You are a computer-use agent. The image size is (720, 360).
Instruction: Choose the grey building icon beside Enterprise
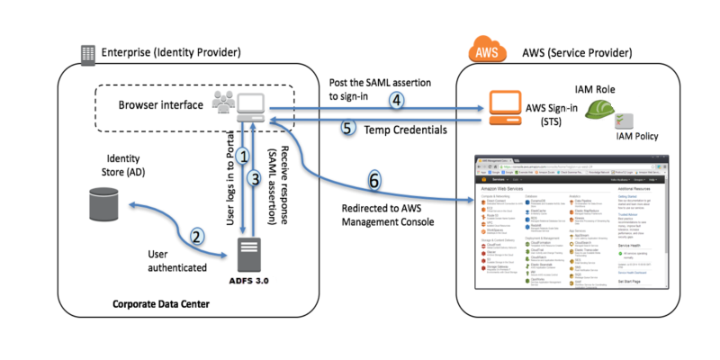88,54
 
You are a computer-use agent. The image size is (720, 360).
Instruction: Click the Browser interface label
161,103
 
